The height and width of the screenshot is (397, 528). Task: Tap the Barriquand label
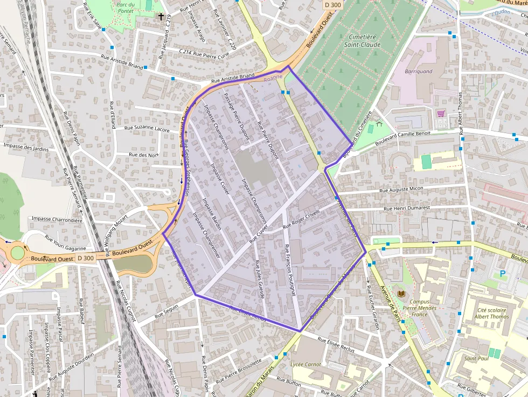[x=418, y=71]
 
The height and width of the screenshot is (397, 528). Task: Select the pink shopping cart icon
[x=441, y=114]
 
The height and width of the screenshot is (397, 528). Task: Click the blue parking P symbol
[x=503, y=274]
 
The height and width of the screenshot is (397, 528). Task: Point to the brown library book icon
[x=401, y=293]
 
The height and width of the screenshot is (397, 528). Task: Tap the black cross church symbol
[x=160, y=17]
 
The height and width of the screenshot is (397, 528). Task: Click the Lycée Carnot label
[x=305, y=364]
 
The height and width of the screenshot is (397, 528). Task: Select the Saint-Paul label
[x=476, y=358]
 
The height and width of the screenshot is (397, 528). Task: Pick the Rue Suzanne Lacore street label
[x=147, y=129]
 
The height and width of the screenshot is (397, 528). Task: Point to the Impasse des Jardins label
[x=26, y=147]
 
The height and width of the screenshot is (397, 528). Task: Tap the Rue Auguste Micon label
[x=401, y=190]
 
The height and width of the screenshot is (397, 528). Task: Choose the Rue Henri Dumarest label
[x=407, y=207]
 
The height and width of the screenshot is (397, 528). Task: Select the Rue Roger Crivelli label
[x=301, y=217]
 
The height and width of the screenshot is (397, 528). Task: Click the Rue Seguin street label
[x=166, y=311]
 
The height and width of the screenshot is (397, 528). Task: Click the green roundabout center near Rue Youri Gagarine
[x=18, y=252]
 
